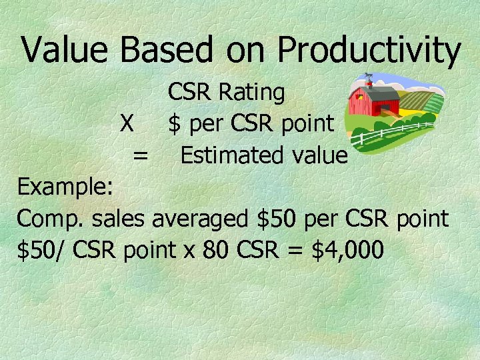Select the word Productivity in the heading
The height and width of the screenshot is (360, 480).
coord(369,51)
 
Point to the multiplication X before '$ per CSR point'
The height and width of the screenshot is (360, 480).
coord(127,124)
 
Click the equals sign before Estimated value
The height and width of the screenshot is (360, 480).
coord(140,155)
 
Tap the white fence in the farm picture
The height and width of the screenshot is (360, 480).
coord(393,132)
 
